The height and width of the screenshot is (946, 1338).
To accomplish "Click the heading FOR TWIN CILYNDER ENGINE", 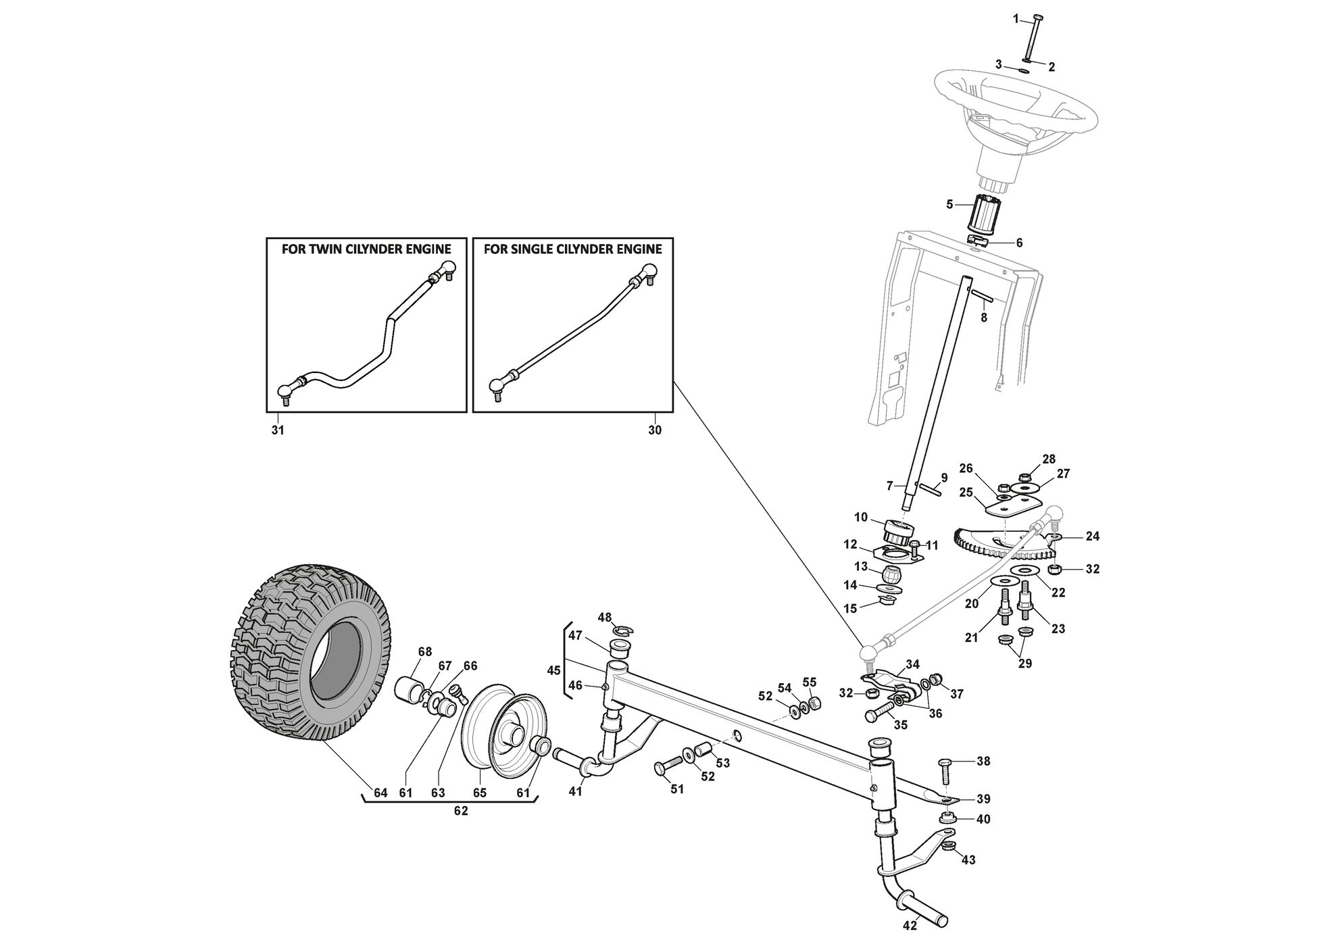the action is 366,249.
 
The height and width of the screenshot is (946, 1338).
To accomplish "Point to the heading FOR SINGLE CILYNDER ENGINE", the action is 573,249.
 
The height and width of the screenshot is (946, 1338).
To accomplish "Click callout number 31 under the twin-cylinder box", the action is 278,430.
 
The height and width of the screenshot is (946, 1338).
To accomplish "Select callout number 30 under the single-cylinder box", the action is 655,430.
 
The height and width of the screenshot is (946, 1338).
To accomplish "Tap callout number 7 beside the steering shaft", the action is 890,485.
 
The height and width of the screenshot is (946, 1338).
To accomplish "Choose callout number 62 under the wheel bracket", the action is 460,812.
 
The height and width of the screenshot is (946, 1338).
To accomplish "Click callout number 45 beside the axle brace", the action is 553,671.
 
